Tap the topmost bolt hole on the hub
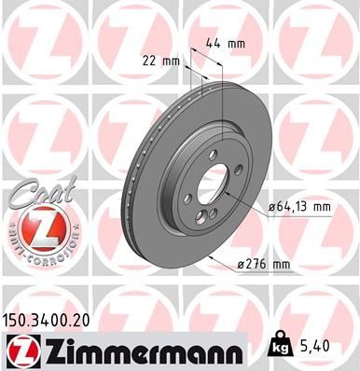(213, 157)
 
